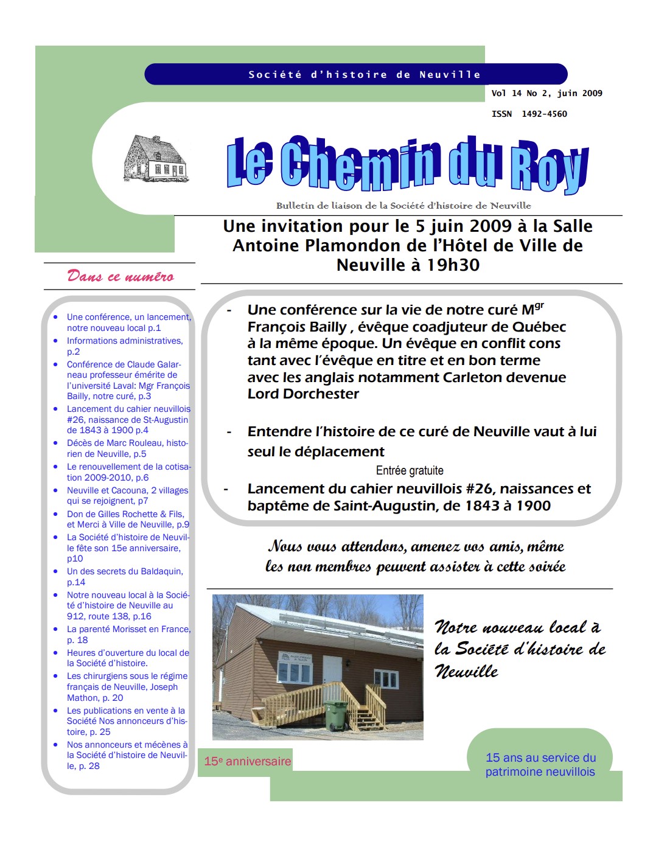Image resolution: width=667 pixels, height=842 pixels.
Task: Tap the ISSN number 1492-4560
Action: [x=544, y=114]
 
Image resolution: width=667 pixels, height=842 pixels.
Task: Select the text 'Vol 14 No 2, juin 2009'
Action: [x=547, y=93]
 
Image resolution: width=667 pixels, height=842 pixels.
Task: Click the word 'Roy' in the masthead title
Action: [x=549, y=165]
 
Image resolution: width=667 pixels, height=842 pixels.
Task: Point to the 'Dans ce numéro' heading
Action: [x=120, y=276]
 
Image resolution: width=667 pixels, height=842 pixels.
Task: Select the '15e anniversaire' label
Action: [x=247, y=761]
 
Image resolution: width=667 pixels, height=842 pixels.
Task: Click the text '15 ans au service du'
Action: [x=540, y=757]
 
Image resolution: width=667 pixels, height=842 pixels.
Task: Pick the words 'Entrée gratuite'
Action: [x=410, y=470]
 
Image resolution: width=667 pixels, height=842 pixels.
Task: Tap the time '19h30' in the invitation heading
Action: [x=453, y=265]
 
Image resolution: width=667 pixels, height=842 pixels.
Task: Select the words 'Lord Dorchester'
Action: [x=303, y=394]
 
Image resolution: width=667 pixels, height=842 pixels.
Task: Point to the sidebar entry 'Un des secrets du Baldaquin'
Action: [x=124, y=571]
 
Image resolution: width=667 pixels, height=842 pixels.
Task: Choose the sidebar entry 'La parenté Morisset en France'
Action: [x=128, y=629]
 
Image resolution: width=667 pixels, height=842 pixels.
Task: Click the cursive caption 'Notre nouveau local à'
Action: [x=517, y=627]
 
